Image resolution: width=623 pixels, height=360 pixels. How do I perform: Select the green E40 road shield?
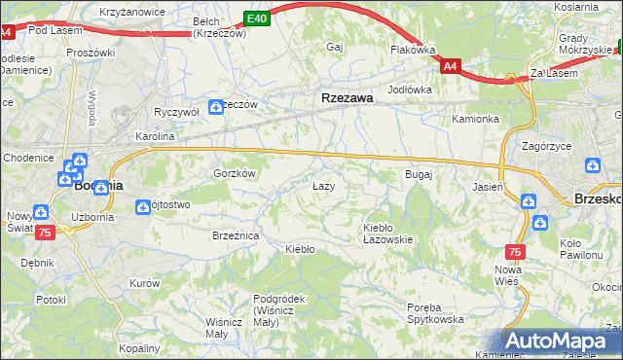[256, 18]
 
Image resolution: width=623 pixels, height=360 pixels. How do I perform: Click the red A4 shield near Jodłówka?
[450, 66]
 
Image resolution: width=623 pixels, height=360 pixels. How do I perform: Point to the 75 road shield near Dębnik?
[44, 233]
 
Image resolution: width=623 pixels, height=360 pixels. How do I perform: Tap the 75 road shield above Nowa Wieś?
[515, 251]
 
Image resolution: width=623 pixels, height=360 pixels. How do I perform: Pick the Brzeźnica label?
[235, 235]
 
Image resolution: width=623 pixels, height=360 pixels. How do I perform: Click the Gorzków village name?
[234, 172]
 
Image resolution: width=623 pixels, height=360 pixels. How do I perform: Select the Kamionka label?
[475, 119]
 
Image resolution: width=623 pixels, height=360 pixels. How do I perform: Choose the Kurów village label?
[144, 282]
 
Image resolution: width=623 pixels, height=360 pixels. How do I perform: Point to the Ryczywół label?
[176, 112]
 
